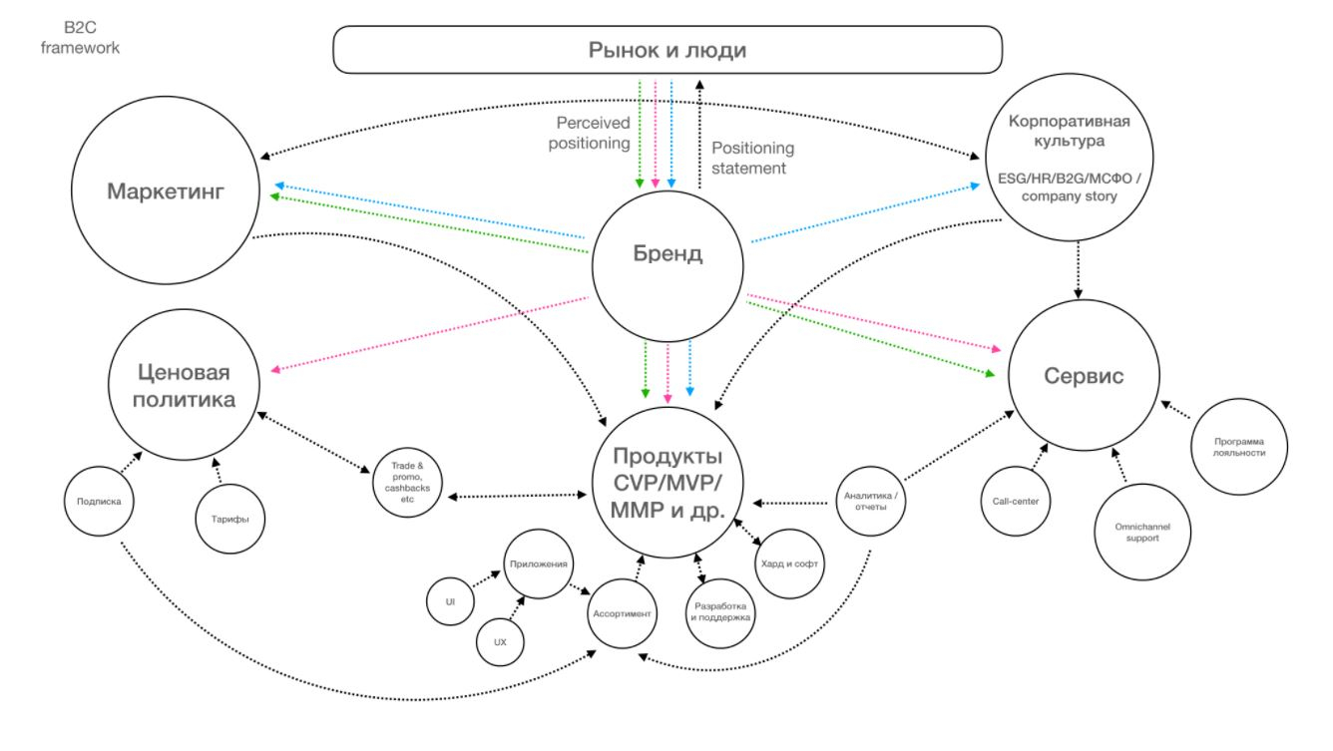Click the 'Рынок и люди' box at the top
point(666,50)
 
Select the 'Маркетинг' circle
point(165,191)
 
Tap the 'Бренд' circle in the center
point(668,253)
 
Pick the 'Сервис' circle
point(1085,377)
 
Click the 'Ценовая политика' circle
point(187,387)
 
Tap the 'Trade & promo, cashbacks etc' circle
point(406,484)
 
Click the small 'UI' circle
point(450,601)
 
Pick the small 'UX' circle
point(500,641)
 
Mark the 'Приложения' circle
point(541,563)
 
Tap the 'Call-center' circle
point(1016,501)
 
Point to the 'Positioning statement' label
point(752,158)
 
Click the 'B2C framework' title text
point(79,37)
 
